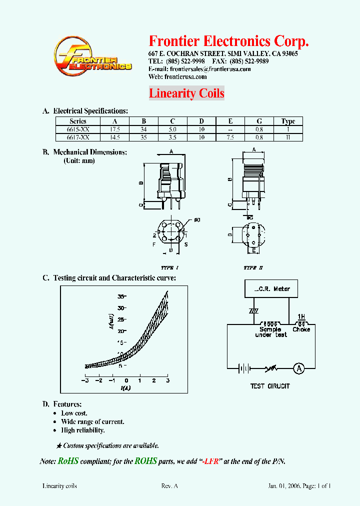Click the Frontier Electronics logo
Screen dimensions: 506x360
click(92, 56)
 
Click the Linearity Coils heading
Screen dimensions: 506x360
click(186, 93)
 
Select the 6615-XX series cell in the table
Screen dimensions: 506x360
click(78, 129)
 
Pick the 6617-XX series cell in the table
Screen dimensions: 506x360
click(78, 137)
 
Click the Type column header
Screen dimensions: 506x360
click(288, 121)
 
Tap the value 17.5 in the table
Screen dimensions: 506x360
click(115, 129)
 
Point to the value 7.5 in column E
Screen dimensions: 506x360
click(230, 137)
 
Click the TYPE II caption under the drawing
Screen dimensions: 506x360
click(253, 268)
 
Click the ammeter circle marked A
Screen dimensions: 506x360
click(298, 368)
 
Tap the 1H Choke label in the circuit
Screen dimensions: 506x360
click(301, 323)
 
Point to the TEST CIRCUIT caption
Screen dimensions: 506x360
click(270, 386)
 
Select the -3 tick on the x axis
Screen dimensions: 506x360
click(85, 380)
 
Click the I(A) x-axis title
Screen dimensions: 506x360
click(125, 388)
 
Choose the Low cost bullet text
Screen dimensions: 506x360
click(74, 413)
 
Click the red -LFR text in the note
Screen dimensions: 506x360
click(212, 461)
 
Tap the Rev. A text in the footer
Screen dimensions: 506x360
click(169, 485)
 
